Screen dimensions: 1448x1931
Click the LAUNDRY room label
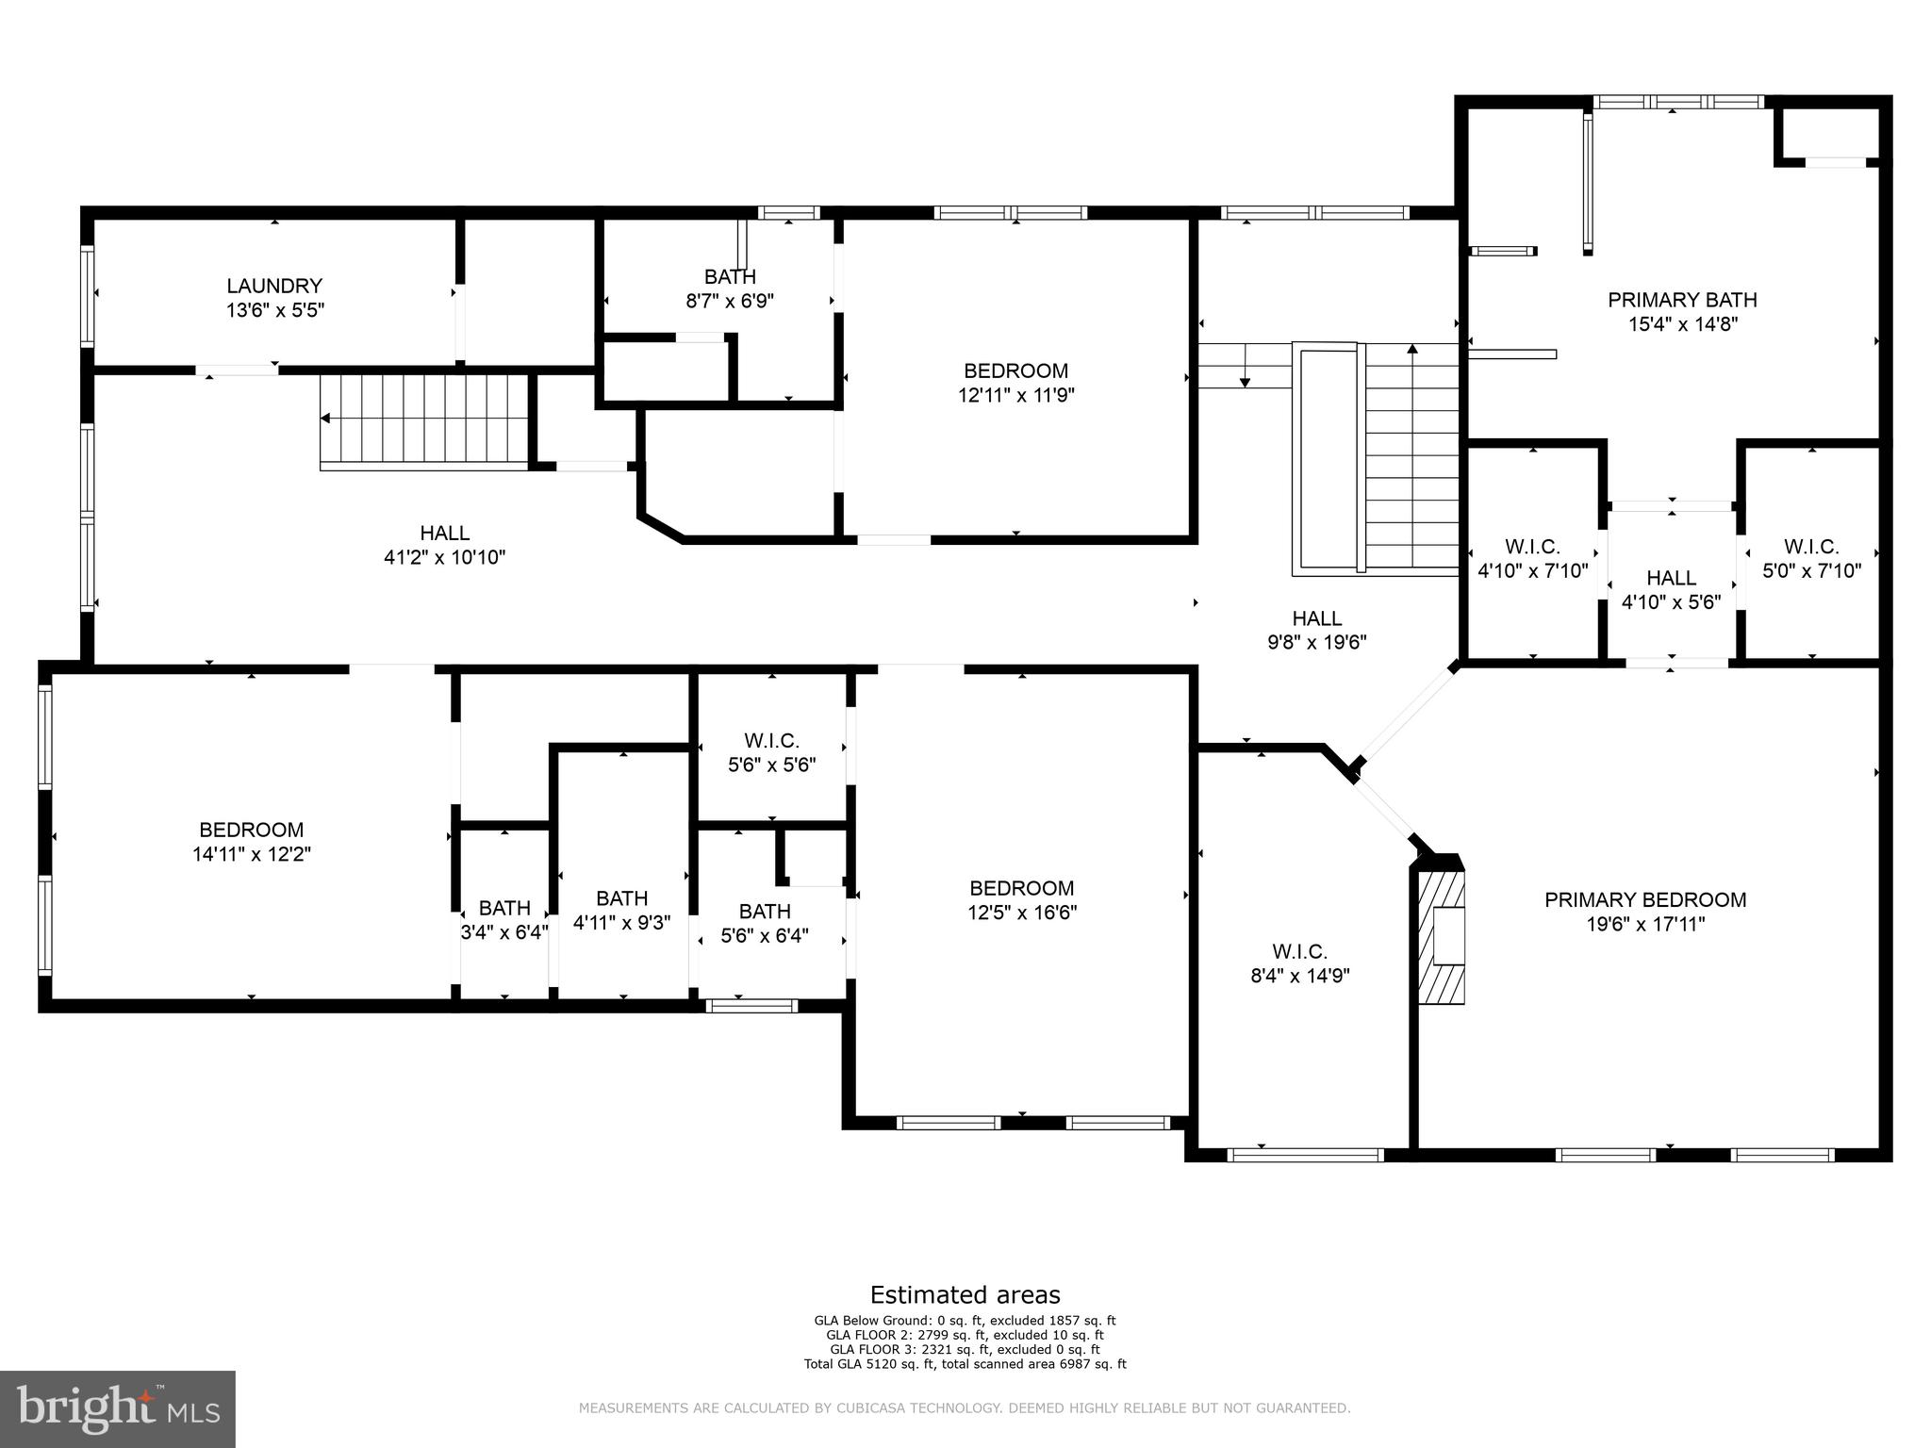[274, 286]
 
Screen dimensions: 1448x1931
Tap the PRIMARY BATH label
[1682, 300]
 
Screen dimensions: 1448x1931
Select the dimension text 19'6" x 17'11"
[1645, 924]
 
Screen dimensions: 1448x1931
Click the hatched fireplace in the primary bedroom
[1442, 937]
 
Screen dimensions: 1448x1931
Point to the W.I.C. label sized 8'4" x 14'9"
[1299, 951]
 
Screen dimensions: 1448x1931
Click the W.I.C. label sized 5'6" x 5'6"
[771, 741]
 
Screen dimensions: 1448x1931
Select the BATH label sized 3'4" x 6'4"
[504, 908]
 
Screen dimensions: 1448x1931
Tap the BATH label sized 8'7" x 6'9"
[730, 276]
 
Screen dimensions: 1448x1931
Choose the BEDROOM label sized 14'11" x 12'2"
[251, 830]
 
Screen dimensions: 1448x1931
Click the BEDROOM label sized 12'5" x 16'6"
[1022, 888]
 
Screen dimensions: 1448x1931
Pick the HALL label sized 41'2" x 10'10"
[444, 534]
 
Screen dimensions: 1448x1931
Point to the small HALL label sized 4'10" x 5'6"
[1671, 578]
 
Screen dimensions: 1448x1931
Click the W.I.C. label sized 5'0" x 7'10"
[1810, 547]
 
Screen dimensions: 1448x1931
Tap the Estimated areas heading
[965, 1294]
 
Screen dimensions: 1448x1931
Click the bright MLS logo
[118, 1408]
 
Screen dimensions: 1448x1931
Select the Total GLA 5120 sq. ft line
[965, 1363]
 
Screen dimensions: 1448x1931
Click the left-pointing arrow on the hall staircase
[326, 418]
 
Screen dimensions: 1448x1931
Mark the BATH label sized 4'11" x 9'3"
[621, 898]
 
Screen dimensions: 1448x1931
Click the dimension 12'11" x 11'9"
[1015, 395]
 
